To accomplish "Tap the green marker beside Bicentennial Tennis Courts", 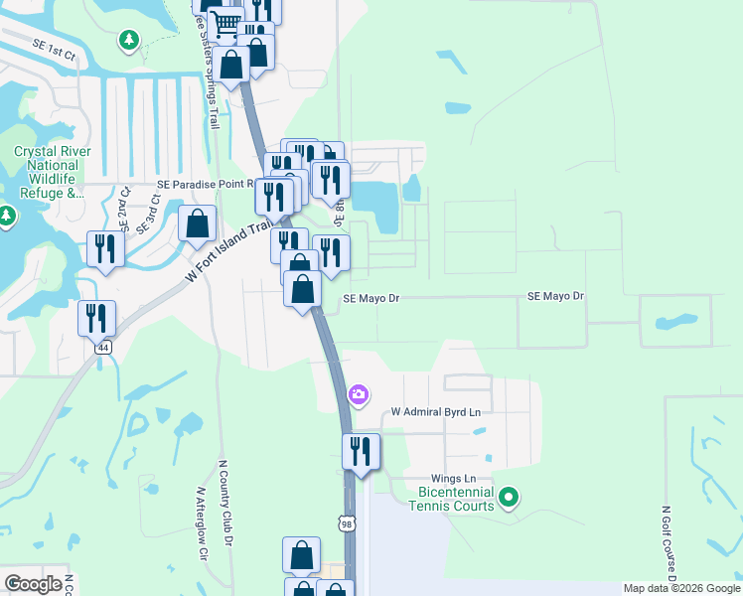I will pyautogui.click(x=509, y=496).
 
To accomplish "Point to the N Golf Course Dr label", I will pyautogui.click(x=669, y=545).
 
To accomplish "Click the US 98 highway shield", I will pyautogui.click(x=346, y=523).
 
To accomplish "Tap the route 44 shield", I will pyautogui.click(x=102, y=348).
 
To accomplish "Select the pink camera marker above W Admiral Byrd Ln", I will pyautogui.click(x=359, y=395).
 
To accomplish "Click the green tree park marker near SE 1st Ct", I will pyautogui.click(x=128, y=40).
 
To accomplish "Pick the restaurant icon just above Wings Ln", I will pyautogui.click(x=361, y=451).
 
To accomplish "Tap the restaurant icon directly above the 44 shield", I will pyautogui.click(x=97, y=318).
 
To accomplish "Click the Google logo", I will pyautogui.click(x=33, y=585).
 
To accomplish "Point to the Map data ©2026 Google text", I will pyautogui.click(x=681, y=588).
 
